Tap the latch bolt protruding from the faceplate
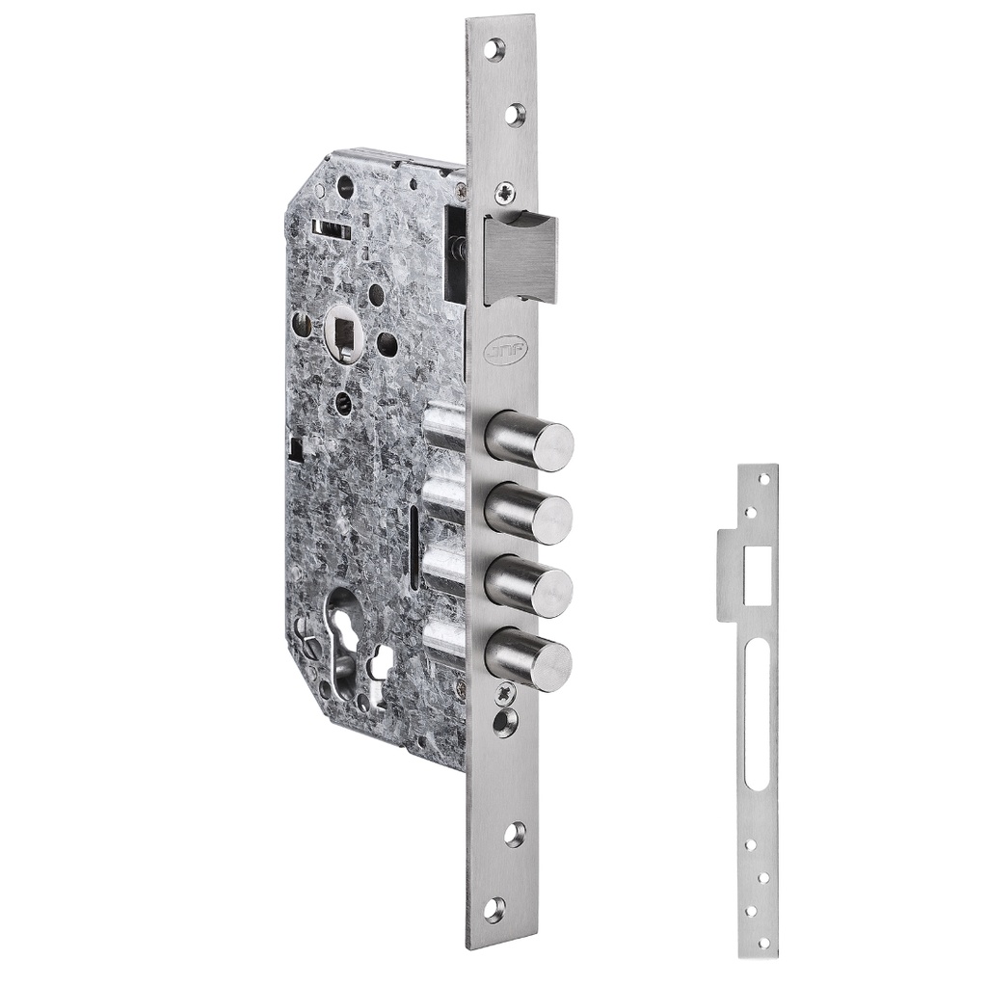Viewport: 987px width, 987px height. tap(520, 257)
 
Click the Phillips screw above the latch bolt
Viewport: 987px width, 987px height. tap(504, 193)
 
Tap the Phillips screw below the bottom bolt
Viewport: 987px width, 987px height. tap(504, 693)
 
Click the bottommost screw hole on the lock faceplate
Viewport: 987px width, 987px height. tap(494, 906)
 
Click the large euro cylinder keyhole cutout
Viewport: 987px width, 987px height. tap(345, 636)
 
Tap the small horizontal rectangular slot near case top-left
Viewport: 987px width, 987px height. tap(327, 228)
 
